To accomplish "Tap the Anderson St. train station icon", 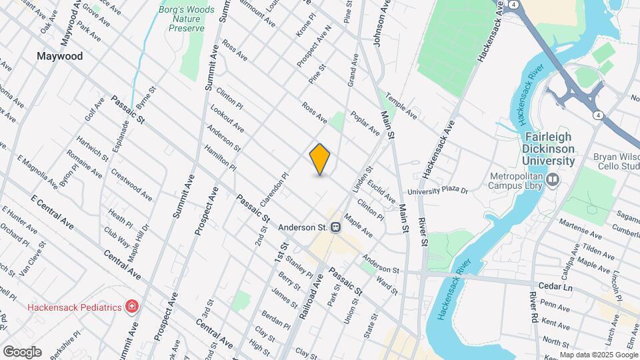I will click(337, 227).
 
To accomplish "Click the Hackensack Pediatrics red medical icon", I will click(132, 307).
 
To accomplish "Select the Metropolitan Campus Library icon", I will click(553, 179).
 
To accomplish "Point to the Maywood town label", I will click(60, 56).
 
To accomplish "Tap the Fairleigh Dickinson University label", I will click(545, 148).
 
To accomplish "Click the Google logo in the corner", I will click(22, 351).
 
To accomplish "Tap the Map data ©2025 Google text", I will click(599, 355).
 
